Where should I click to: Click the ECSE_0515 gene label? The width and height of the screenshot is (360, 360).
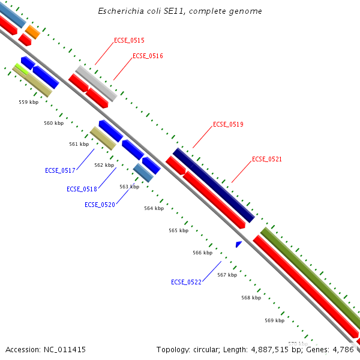(x=129, y=40)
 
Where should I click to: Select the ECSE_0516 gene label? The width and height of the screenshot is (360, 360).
(x=148, y=56)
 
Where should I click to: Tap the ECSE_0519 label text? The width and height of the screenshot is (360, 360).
(x=228, y=124)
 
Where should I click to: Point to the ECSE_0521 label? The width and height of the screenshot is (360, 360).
(x=267, y=159)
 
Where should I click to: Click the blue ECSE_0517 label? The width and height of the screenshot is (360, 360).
(x=60, y=170)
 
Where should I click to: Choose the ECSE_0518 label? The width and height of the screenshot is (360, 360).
(x=82, y=189)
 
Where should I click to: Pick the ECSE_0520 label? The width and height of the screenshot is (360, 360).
(x=100, y=205)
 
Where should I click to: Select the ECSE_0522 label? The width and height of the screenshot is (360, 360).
(x=186, y=282)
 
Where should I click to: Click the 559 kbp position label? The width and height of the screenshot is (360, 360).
(x=28, y=102)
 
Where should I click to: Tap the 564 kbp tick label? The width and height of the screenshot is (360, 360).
(x=154, y=208)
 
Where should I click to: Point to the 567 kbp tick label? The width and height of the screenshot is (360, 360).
(x=227, y=275)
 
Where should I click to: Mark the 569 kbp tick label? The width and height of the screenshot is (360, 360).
(x=274, y=320)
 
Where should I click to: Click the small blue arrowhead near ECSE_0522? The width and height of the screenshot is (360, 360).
(x=238, y=244)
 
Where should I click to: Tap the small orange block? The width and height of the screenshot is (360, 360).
(x=32, y=31)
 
